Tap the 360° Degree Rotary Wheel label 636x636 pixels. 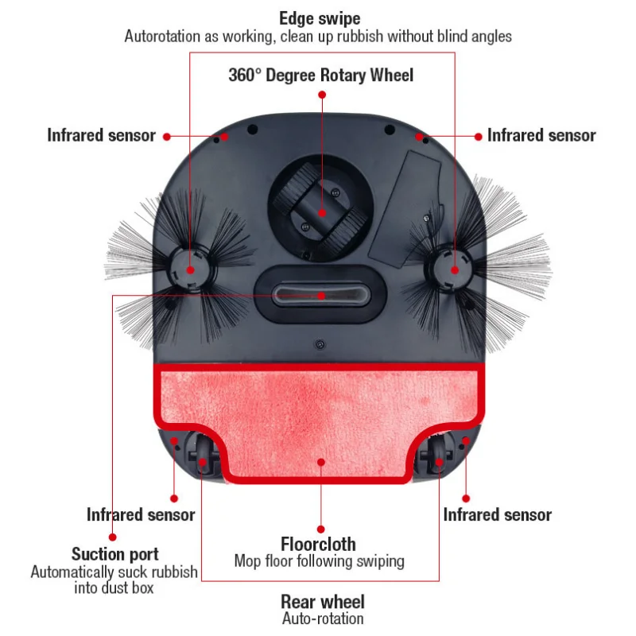click(x=321, y=76)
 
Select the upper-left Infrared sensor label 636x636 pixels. click(x=101, y=135)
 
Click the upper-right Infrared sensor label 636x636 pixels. click(x=541, y=135)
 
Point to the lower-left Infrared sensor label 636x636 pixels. click(x=141, y=515)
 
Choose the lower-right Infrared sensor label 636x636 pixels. click(x=497, y=515)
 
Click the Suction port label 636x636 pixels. click(x=115, y=554)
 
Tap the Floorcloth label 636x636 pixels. click(x=319, y=545)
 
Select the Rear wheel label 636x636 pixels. click(x=322, y=602)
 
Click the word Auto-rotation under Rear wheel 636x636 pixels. click(x=322, y=619)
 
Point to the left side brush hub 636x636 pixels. click(x=191, y=268)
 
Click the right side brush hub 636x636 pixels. click(x=454, y=268)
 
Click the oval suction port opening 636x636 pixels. click(x=321, y=295)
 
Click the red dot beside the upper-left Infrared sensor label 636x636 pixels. click(x=167, y=136)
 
